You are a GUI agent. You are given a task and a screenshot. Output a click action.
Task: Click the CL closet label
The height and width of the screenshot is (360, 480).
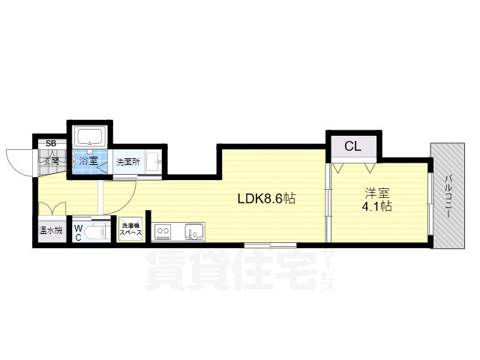(352, 146)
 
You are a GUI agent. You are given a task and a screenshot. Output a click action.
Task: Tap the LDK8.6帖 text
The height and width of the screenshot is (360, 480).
(265, 199)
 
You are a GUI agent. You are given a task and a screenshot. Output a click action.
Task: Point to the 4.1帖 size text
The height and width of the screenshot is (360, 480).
(376, 206)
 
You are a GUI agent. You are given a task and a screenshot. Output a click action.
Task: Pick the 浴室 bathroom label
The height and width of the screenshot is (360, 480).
(88, 161)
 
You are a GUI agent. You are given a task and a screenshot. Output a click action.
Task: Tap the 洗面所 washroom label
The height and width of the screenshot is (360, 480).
(127, 162)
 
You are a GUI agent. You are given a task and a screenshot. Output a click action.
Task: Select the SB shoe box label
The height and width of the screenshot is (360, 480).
(51, 143)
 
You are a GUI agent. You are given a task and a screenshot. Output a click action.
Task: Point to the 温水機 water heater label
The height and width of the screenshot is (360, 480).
(52, 230)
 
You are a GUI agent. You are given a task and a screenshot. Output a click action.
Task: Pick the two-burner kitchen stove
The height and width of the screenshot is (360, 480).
(163, 232)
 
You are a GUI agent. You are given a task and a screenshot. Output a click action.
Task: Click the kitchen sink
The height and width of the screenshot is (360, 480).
(194, 232)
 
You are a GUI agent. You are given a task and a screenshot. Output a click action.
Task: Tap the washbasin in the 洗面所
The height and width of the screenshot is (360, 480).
(152, 161)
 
